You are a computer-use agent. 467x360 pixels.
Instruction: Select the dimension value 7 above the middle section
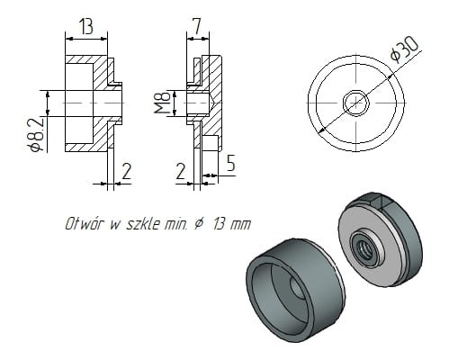click(196, 25)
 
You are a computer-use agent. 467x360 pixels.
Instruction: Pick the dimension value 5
click(232, 166)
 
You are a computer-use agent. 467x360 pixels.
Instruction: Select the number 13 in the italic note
click(220, 224)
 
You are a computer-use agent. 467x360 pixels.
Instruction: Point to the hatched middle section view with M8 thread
click(205, 103)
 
